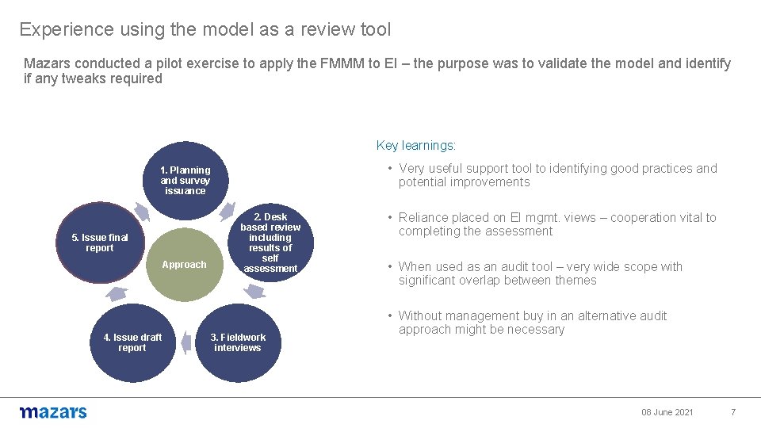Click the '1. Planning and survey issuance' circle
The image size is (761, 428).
185,180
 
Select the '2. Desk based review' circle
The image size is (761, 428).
270,243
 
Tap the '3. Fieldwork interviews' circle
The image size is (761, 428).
238,342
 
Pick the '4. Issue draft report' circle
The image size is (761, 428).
132,342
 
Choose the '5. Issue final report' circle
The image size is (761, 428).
99,243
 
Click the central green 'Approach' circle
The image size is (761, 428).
184,265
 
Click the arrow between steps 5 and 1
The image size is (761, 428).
140,211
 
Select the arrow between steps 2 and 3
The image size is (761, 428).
254,292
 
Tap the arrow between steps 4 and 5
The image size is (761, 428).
117,293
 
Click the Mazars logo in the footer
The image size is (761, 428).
53,412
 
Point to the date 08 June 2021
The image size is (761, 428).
667,412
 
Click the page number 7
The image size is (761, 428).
732,412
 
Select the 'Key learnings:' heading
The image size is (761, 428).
415,146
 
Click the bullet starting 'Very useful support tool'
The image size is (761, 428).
557,175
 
